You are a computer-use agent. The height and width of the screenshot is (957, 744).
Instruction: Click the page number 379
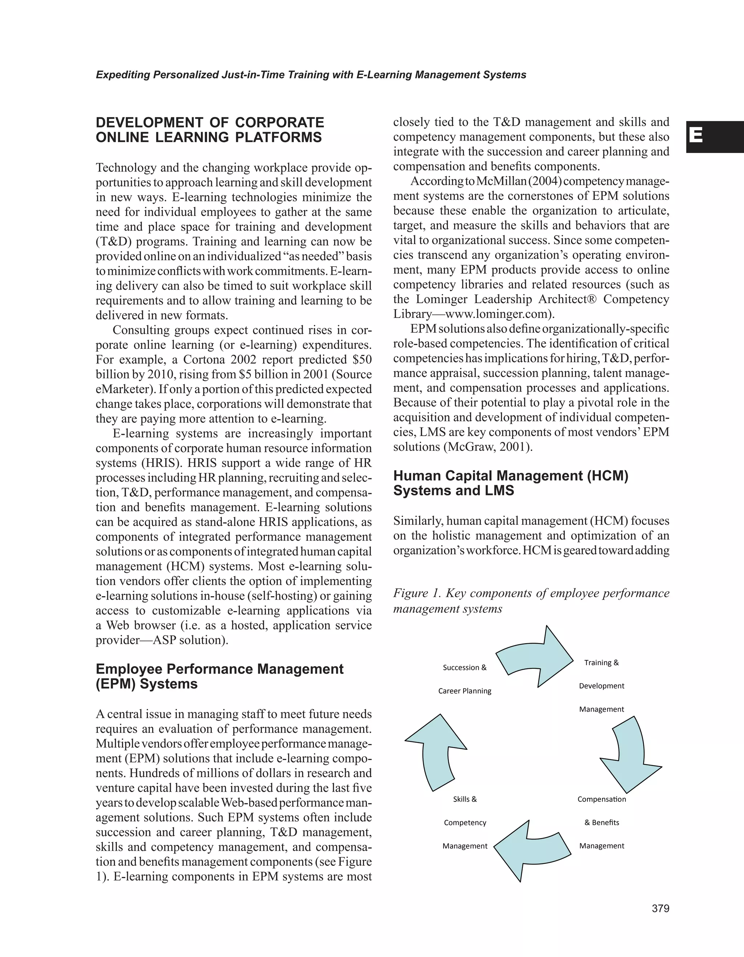660,908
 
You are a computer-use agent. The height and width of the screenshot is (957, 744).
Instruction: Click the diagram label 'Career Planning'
465,691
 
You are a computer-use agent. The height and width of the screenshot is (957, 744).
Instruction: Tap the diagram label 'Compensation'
601,799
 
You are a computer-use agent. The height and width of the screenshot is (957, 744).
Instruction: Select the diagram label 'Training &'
601,663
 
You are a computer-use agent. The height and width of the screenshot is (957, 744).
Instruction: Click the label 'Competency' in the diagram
465,823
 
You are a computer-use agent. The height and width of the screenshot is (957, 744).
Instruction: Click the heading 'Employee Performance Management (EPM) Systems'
219,676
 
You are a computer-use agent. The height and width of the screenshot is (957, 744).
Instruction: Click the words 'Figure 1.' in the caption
416,593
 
